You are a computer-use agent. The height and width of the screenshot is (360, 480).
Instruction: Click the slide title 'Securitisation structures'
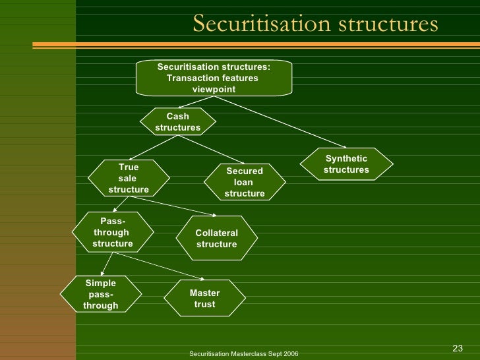coord(315,24)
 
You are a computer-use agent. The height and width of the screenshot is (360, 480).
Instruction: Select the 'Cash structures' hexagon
coord(177,122)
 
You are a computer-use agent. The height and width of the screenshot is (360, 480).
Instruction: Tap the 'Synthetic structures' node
coord(346,164)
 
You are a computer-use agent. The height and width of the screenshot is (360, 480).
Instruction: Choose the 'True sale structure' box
coord(129,178)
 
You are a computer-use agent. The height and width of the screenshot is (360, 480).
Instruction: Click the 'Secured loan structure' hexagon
coord(244,182)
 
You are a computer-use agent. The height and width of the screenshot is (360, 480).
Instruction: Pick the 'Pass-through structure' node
coord(112,232)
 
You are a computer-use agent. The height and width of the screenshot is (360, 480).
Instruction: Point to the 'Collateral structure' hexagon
coord(216,239)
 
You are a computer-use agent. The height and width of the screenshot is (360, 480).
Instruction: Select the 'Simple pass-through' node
coord(101,294)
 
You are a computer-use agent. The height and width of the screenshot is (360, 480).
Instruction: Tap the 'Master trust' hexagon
coord(204,299)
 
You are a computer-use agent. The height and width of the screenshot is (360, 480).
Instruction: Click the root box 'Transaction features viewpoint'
coord(214,78)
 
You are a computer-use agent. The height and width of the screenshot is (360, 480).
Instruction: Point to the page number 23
coord(458,348)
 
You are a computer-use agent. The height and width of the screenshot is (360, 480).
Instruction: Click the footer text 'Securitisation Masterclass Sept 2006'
coord(243,354)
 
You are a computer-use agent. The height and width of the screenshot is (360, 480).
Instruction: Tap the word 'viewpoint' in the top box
coord(214,89)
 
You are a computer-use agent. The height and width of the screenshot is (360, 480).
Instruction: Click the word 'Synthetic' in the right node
coord(346,159)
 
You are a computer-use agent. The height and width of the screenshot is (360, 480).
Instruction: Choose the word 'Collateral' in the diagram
coord(216,233)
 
